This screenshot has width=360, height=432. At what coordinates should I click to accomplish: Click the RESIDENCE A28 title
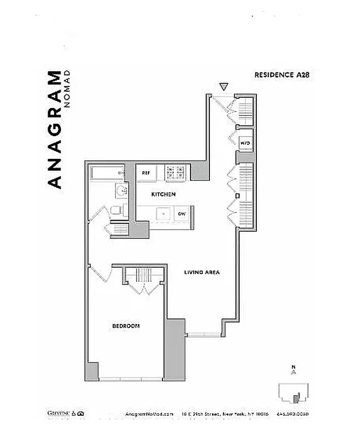281,75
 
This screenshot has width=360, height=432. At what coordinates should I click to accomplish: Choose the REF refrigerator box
146,173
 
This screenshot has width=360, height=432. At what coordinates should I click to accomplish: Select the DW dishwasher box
182,214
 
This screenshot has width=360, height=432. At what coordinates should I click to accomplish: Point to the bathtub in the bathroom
108,173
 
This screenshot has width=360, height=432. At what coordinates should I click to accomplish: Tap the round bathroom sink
121,190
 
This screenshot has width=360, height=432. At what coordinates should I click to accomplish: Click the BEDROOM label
126,326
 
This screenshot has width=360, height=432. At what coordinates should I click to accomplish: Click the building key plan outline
294,393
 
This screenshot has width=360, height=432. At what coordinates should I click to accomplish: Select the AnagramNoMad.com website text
150,414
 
